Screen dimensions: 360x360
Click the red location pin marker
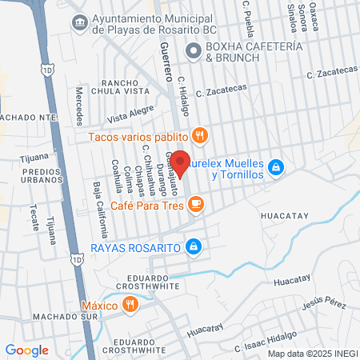click(181, 163)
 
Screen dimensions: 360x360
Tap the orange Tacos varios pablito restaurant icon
click(201, 135)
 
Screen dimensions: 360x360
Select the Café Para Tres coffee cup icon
click(196, 206)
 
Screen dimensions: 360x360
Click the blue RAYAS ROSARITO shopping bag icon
click(192, 246)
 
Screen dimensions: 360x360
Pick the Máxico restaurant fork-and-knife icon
click(129, 304)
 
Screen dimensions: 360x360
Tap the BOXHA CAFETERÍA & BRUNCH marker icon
click(192, 52)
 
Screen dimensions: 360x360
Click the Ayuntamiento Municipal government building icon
click(80, 22)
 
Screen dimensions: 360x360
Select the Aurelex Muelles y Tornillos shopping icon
click(276, 166)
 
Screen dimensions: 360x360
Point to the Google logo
click(26, 350)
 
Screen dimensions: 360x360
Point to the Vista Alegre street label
click(130, 114)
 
